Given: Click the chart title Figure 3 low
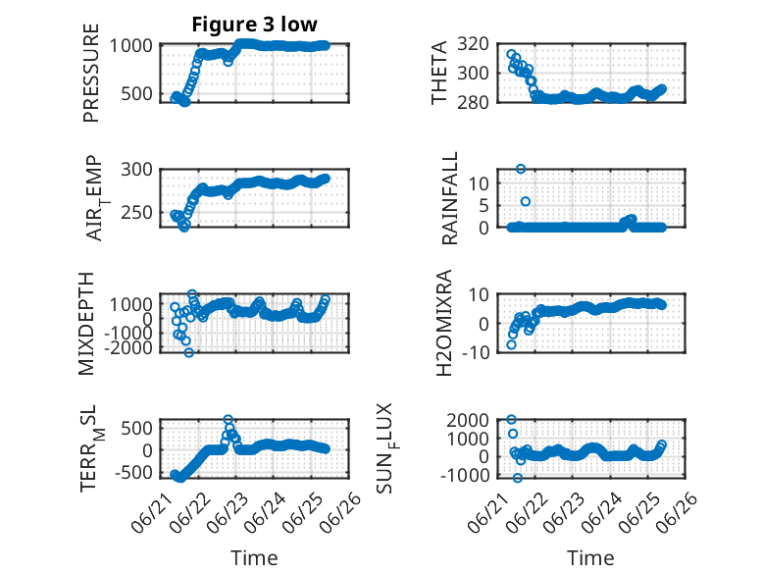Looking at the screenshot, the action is [x=254, y=25].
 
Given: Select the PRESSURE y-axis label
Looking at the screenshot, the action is [x=91, y=73].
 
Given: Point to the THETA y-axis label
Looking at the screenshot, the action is [x=439, y=73].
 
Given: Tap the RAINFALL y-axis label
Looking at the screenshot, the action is [x=449, y=197].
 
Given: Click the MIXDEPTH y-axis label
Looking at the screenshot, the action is [x=85, y=323].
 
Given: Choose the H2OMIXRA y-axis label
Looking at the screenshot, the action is [x=444, y=323].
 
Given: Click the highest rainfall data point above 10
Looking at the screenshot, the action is [x=521, y=169].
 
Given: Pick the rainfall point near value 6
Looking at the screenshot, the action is [x=526, y=201].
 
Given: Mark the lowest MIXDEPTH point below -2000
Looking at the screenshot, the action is [x=189, y=352].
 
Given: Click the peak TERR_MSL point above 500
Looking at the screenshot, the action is [x=229, y=419].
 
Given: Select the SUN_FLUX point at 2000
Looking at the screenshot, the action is [x=511, y=419].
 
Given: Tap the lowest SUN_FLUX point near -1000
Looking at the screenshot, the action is [x=518, y=478].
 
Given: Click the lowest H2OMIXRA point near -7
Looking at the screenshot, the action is [x=511, y=344].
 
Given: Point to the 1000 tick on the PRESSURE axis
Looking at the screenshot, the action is [x=130, y=46].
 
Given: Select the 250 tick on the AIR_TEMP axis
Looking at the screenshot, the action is [x=136, y=213].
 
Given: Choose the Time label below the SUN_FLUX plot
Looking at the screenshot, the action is [x=590, y=558].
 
